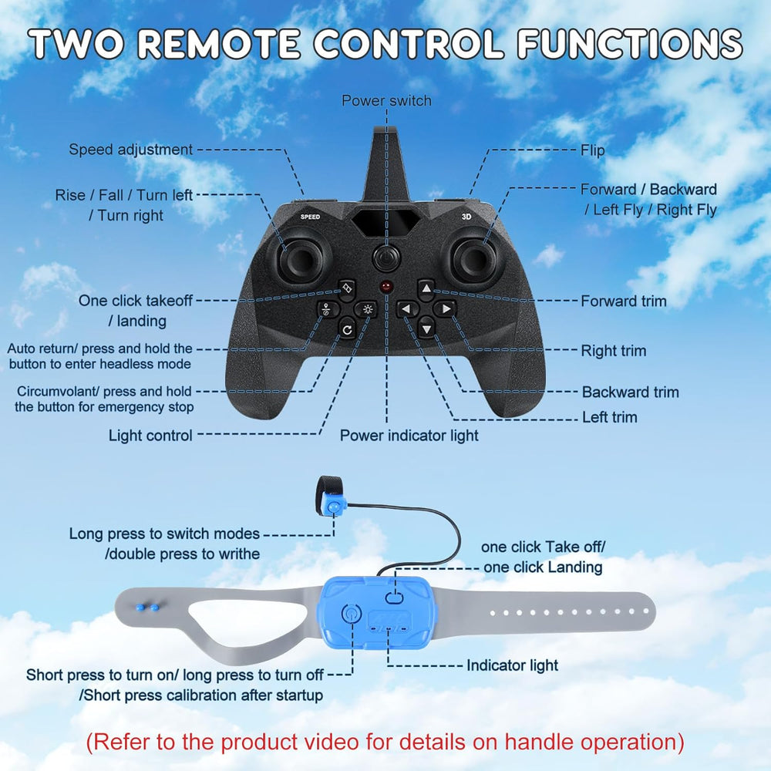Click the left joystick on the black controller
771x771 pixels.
(x=297, y=261)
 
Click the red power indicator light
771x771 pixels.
(x=385, y=288)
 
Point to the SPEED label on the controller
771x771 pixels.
(x=310, y=217)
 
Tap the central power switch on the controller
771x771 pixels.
(x=385, y=257)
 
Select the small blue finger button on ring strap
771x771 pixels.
(x=334, y=507)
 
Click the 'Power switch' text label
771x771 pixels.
(x=386, y=101)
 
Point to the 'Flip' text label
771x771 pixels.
(x=592, y=150)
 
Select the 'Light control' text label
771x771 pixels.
(x=150, y=436)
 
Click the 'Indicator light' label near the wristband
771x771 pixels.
(x=512, y=665)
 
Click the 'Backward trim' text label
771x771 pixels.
(x=630, y=392)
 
